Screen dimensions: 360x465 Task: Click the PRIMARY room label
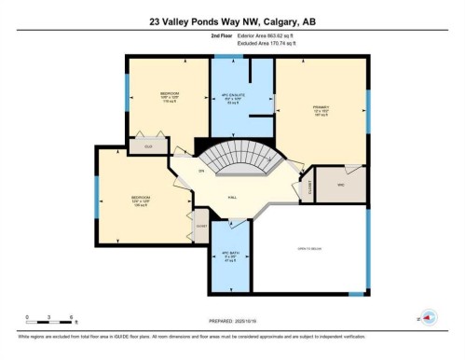321,108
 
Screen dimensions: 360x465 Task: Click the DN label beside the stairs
199,172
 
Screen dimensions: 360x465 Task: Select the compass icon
428,317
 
